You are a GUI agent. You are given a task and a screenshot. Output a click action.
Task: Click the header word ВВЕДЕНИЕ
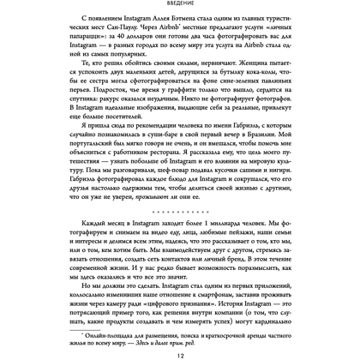coord(180,6)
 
